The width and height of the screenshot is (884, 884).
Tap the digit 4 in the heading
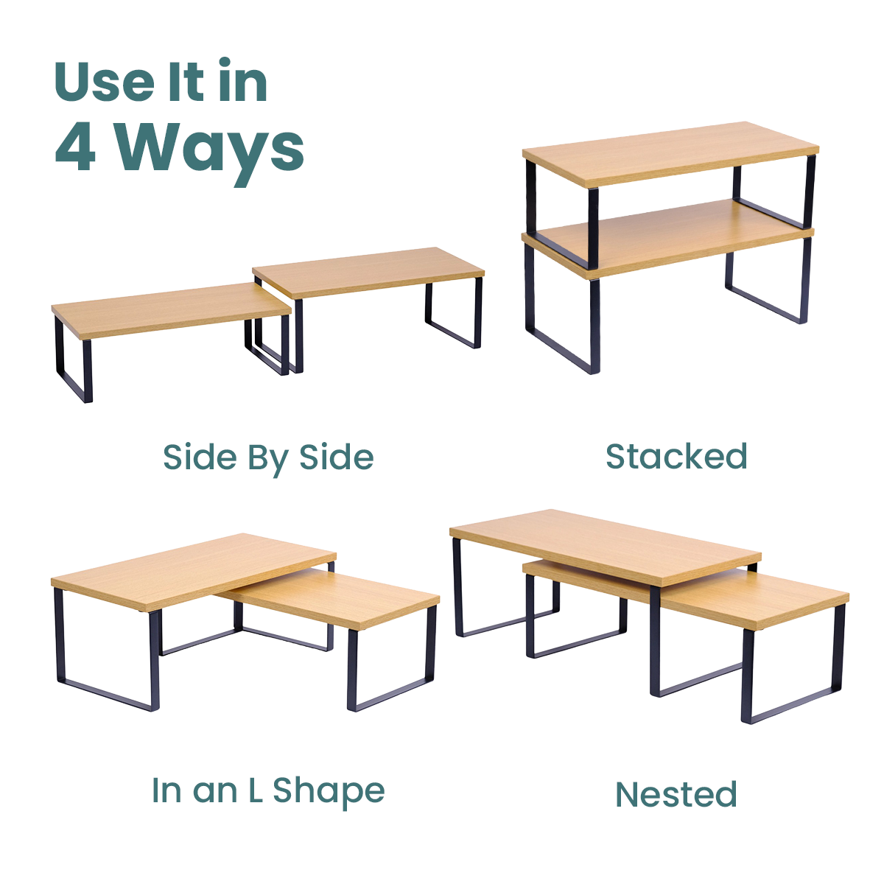[x=75, y=147]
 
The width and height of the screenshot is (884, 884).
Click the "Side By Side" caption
[x=268, y=458]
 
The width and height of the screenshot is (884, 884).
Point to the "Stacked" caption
[x=677, y=457]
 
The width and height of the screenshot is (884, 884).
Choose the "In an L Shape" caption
[x=268, y=791]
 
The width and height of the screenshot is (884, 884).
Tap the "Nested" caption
[x=676, y=794]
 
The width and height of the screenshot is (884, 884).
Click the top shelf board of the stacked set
[x=670, y=154]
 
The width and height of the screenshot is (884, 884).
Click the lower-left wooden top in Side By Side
[x=171, y=310]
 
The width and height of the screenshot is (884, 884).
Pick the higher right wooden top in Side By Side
[x=368, y=272]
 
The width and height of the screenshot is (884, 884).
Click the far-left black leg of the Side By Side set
[x=74, y=360]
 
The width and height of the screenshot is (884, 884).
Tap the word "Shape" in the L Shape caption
[x=329, y=792]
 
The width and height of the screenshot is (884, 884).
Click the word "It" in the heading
[x=186, y=81]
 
